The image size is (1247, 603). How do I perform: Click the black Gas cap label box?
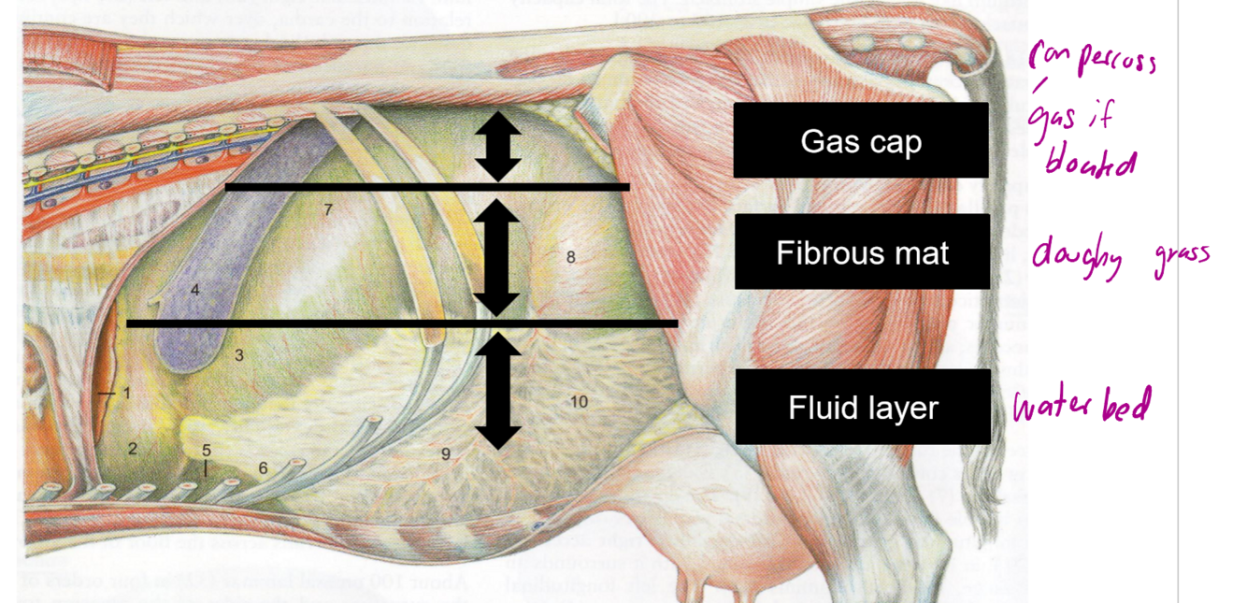click(x=860, y=140)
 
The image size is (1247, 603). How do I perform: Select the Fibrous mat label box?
click(x=861, y=251)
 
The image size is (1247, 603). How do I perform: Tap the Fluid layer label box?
click(x=862, y=407)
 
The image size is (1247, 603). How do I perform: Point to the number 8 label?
click(x=570, y=256)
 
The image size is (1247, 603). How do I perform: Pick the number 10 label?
click(x=579, y=402)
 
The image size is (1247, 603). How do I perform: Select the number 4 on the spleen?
click(x=194, y=290)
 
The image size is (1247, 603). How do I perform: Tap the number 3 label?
click(x=239, y=355)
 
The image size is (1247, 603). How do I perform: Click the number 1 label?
click(x=127, y=394)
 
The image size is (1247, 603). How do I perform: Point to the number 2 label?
click(x=133, y=449)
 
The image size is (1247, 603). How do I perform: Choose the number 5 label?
click(x=207, y=452)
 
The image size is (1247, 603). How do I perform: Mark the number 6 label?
click(x=263, y=467)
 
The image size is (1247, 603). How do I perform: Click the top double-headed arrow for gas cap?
click(x=497, y=147)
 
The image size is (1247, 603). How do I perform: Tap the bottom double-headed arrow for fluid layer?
click(x=497, y=391)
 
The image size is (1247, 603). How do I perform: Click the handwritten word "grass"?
click(x=1180, y=252)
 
